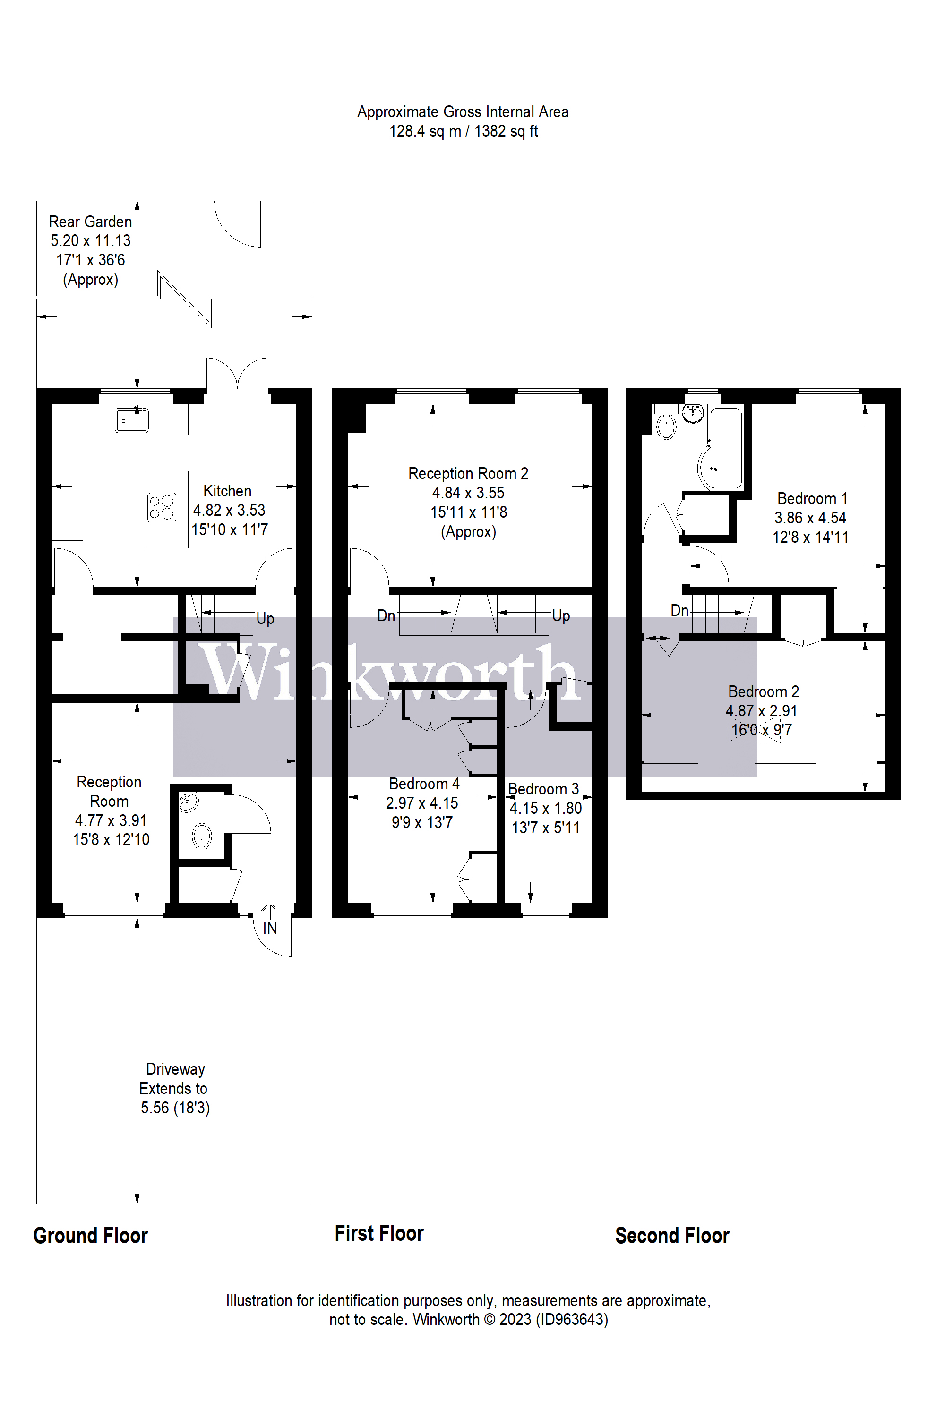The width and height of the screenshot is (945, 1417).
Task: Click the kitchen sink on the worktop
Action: click(x=131, y=420)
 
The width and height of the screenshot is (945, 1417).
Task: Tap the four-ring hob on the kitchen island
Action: click(x=162, y=507)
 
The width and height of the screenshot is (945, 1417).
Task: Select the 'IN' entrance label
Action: click(x=269, y=929)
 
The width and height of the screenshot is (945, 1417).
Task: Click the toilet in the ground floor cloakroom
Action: click(x=201, y=836)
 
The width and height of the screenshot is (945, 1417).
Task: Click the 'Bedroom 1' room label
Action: click(x=812, y=499)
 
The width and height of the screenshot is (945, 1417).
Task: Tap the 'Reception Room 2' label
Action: click(x=468, y=474)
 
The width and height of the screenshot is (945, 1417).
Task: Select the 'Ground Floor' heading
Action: click(x=90, y=1236)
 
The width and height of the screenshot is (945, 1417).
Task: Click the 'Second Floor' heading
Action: click(x=672, y=1236)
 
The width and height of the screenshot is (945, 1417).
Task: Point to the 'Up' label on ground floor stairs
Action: click(x=265, y=619)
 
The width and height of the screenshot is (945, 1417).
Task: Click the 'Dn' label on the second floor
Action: click(x=679, y=610)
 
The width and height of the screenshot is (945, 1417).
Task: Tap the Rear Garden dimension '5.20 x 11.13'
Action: click(x=90, y=241)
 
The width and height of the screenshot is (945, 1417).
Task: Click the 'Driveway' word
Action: click(x=175, y=1069)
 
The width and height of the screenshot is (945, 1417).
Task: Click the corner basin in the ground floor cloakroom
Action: click(x=188, y=801)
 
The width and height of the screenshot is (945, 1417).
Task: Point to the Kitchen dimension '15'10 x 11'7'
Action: click(x=230, y=529)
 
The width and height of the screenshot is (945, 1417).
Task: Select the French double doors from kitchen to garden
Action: click(x=238, y=374)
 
